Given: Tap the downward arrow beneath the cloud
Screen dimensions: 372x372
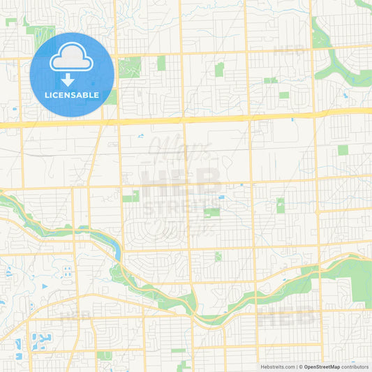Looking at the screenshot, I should [x=71, y=79].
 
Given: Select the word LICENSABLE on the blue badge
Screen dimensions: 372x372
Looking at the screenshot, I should [x=71, y=95].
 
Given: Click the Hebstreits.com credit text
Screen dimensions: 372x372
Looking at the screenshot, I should [x=277, y=366].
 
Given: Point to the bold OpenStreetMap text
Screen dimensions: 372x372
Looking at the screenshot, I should [x=322, y=366].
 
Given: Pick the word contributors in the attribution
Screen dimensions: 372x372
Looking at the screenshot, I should [x=355, y=366].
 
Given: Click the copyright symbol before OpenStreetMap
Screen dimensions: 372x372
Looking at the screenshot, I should [x=301, y=366].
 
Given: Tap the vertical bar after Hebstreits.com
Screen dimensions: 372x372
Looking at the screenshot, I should [x=297, y=366].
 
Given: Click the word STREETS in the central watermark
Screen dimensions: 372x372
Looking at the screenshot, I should [x=182, y=204].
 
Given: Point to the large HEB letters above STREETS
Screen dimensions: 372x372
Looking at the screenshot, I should [x=182, y=181].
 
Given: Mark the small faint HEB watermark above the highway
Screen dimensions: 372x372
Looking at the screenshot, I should [x=287, y=50].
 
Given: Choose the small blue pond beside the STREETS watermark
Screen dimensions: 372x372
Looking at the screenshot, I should [x=221, y=198].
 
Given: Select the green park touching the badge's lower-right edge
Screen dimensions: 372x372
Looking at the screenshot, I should [x=111, y=97].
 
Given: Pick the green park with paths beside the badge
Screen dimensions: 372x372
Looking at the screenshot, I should [x=129, y=67].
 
